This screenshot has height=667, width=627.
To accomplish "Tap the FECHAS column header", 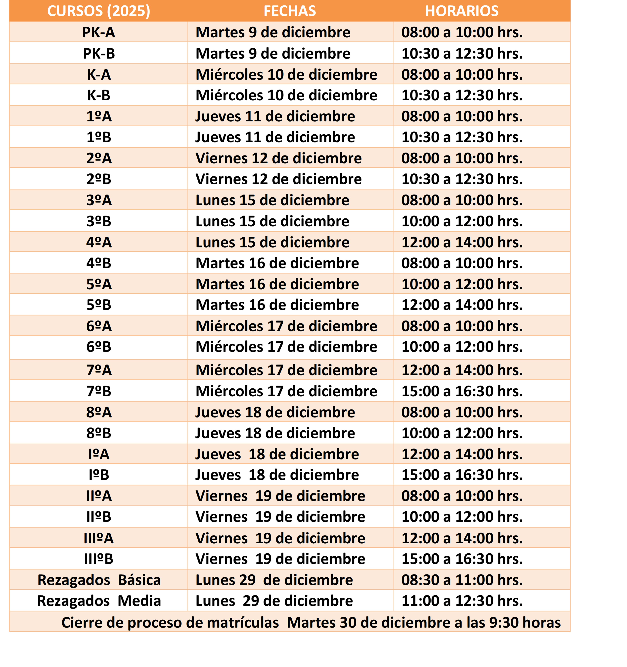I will coord(290,11).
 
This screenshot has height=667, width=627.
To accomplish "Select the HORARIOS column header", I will coord(462,11).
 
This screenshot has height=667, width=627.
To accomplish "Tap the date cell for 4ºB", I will coord(277,263).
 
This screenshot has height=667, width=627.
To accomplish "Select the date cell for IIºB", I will coord(280,517).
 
